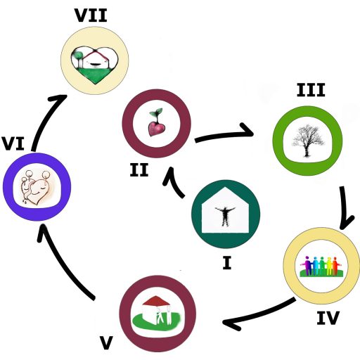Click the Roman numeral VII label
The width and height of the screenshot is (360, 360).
click(91, 15)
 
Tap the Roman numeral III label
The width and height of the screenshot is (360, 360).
click(311, 90)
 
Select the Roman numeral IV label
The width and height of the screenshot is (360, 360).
click(328, 318)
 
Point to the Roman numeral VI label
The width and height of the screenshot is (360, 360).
click(13, 143)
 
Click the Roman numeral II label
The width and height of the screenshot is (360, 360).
click(139, 170)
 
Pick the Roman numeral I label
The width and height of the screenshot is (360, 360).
click(227, 263)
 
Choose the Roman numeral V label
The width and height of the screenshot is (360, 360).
click(107, 342)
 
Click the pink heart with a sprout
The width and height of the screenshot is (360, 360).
click(157, 122)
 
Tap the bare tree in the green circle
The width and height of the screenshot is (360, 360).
click(307, 141)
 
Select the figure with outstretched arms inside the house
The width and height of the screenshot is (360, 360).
click(225, 216)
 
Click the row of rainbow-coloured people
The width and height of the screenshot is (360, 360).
click(321, 266)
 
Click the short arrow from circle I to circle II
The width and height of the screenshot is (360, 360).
click(174, 183)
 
